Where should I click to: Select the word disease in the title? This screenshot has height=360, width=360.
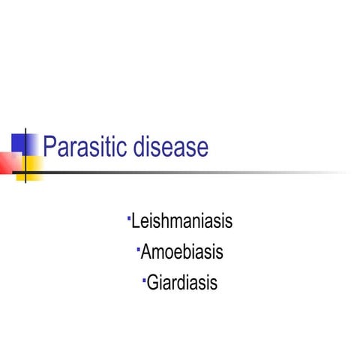click(172, 146)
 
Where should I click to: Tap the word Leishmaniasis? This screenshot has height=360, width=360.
click(181, 222)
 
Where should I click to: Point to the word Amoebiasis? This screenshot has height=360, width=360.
click(181, 253)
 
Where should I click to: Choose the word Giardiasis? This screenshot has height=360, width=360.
click(182, 283)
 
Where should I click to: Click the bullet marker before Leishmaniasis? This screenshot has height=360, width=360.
click(129, 218)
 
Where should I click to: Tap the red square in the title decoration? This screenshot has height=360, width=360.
click(9, 162)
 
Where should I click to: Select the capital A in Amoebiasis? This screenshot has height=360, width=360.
click(147, 253)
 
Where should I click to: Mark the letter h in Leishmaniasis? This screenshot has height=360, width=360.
click(170, 222)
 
